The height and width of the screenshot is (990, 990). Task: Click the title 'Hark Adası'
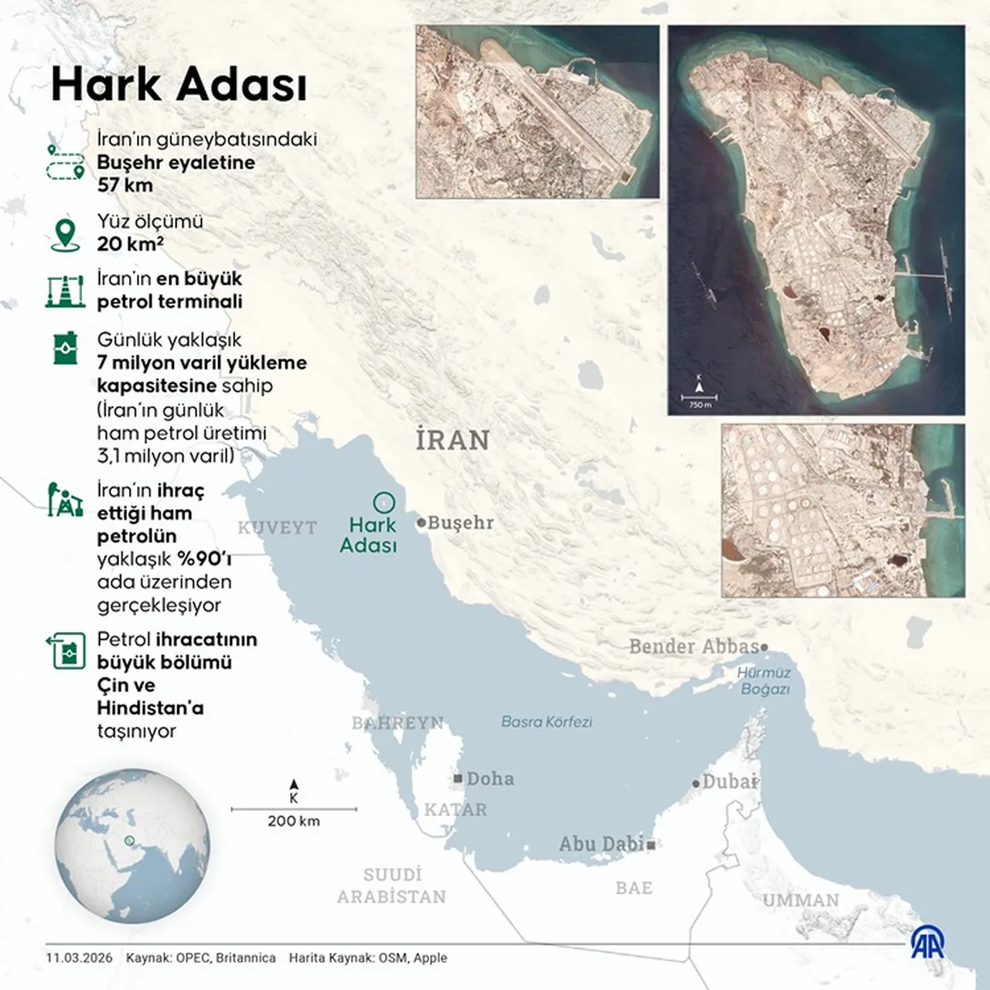point(179,84)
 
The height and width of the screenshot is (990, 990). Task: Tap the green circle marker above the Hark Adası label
point(384,503)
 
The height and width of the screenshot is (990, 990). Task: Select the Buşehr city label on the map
point(459,523)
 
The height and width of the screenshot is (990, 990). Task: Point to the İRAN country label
point(452,440)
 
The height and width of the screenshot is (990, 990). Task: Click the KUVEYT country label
point(277,527)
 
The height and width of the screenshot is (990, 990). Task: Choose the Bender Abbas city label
point(694,647)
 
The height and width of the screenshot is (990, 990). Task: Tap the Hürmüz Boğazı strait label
point(764,681)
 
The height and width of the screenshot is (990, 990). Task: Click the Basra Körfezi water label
point(546,722)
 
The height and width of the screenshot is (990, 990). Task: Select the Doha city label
point(490,778)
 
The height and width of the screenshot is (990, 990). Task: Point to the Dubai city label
point(729,781)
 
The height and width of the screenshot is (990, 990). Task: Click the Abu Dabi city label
point(602,844)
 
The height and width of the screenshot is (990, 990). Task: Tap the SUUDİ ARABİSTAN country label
point(391,886)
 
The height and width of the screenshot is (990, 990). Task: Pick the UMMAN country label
point(801,900)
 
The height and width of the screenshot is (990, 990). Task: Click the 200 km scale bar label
point(294,821)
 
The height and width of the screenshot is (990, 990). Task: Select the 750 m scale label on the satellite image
point(699,405)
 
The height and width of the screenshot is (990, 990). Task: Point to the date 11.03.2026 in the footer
point(79,958)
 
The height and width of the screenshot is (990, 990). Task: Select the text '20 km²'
point(130,244)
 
